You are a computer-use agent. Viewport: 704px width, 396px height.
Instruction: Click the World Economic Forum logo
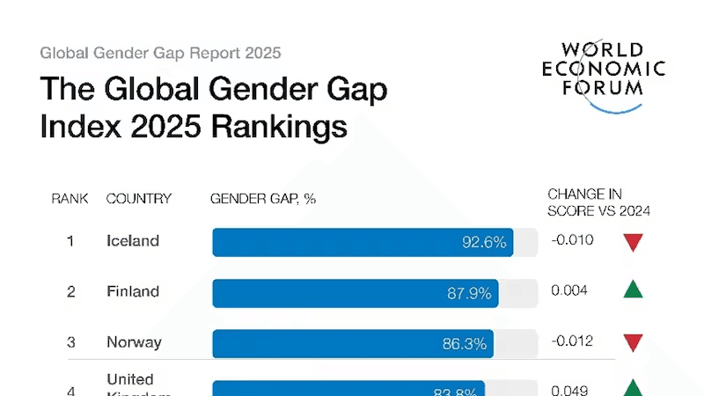(x=603, y=75)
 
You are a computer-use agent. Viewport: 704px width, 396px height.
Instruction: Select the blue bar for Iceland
(x=363, y=242)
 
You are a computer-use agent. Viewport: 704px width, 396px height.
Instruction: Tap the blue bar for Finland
(x=356, y=293)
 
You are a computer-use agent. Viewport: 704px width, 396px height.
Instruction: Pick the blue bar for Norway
(x=353, y=343)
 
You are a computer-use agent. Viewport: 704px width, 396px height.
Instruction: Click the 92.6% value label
(x=484, y=242)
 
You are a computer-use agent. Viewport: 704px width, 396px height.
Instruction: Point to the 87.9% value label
(x=469, y=293)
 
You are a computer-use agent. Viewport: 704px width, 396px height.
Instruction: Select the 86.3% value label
(x=465, y=343)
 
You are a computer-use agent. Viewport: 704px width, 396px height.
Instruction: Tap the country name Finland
(x=133, y=291)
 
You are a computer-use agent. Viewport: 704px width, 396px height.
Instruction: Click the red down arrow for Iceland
(x=633, y=243)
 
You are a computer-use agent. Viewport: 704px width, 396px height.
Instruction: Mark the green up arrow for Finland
(x=633, y=290)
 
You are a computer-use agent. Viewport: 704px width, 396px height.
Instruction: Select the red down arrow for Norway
(x=633, y=343)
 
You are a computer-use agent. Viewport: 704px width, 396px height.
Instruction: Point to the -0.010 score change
(x=572, y=240)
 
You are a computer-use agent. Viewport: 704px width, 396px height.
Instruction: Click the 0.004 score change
(x=569, y=290)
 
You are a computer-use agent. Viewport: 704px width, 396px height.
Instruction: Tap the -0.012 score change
(x=572, y=341)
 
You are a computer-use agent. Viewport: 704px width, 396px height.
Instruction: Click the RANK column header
(x=70, y=199)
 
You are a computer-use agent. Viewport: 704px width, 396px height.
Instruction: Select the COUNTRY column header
(x=139, y=199)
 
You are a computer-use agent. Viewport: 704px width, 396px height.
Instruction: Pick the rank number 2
(x=70, y=292)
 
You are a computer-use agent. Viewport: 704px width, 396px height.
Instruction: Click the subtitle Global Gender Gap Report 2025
(x=160, y=53)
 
